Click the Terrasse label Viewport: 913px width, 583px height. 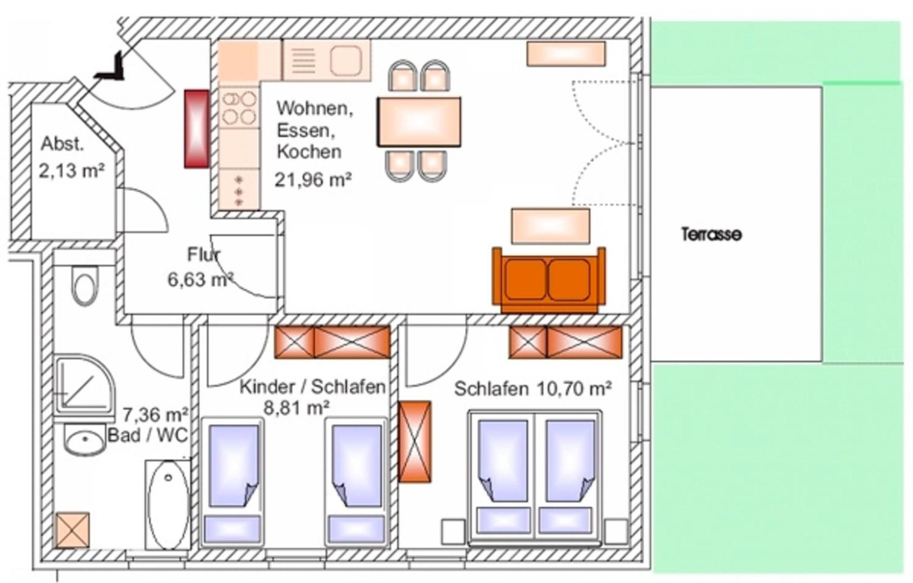(x=711, y=234)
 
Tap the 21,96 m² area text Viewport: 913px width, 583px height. (x=313, y=180)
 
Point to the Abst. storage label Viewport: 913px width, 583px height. (x=62, y=144)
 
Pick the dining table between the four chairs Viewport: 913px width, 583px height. (x=419, y=121)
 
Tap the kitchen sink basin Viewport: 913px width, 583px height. (x=345, y=61)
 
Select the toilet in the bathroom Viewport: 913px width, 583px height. (x=85, y=285)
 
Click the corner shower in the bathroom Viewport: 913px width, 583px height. (x=84, y=385)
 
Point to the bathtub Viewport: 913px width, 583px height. (x=168, y=505)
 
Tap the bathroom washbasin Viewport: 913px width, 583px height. (x=84, y=439)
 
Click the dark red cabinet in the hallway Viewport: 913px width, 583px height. (x=197, y=129)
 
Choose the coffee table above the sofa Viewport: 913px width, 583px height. (x=550, y=226)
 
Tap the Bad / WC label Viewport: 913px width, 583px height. (x=148, y=435)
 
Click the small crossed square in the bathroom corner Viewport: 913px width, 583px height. (x=73, y=530)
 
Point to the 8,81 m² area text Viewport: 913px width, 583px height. (x=296, y=408)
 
